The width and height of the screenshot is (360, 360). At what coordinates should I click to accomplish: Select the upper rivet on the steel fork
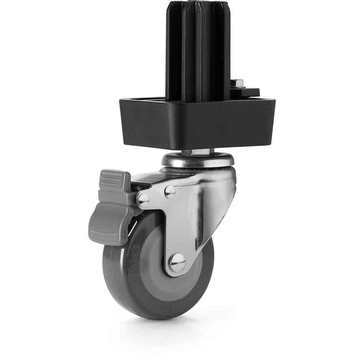(170, 191)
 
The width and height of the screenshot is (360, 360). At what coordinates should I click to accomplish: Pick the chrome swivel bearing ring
(197, 161)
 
